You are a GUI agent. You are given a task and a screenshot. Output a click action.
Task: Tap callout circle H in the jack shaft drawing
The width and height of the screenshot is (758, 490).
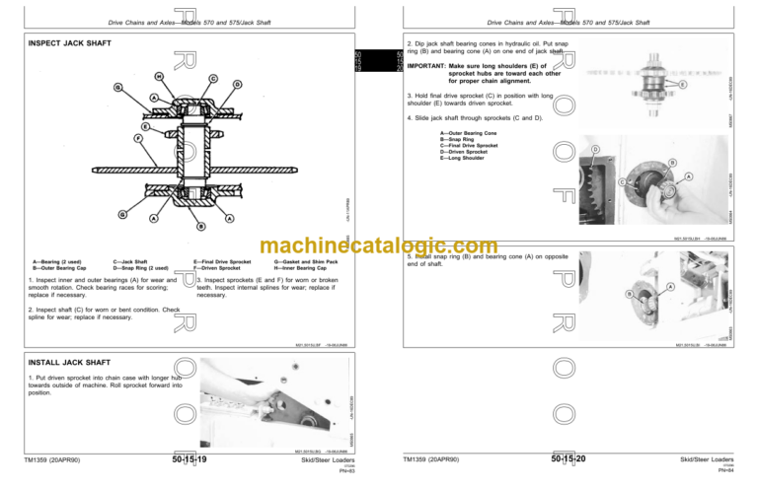[159, 76]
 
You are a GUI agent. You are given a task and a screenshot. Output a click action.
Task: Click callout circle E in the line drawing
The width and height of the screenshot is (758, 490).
[145, 127]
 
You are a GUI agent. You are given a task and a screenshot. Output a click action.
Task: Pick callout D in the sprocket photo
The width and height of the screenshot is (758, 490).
[594, 149]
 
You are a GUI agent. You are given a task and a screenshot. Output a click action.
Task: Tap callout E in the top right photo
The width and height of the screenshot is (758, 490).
[684, 86]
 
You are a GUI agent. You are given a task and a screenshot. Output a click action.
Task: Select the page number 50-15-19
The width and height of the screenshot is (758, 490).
[189, 460]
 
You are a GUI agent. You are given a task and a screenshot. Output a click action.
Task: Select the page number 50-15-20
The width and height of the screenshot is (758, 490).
[568, 460]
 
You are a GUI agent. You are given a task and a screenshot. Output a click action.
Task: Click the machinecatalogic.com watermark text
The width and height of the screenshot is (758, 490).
[378, 246]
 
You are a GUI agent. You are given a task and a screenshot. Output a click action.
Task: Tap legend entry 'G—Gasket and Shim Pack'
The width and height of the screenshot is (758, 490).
[306, 261]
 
